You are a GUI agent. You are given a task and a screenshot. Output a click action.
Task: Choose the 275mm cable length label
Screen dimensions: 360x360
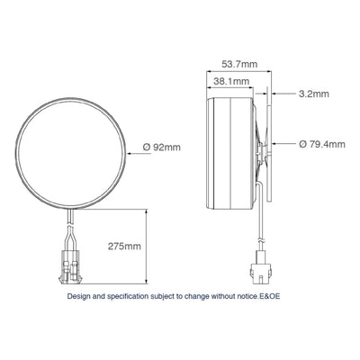point(123,245)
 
